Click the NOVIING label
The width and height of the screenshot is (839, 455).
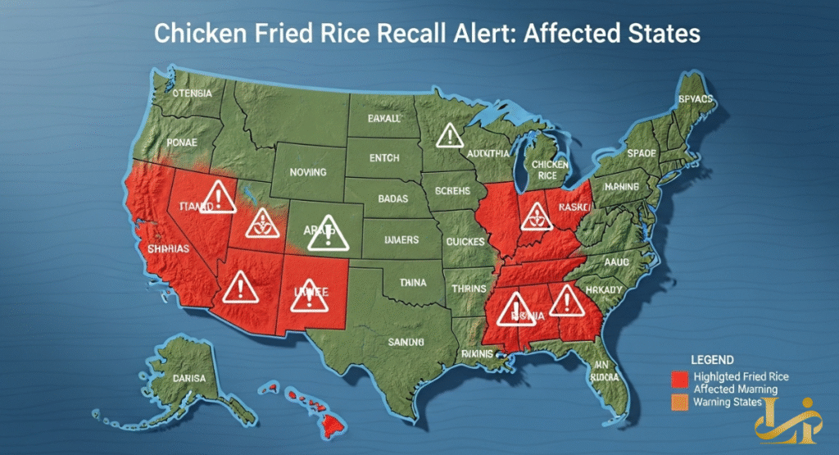point(308,172)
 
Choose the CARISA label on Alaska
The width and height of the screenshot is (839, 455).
point(191,380)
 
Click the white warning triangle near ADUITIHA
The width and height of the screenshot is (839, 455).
point(448,135)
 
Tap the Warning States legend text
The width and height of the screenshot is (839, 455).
point(728,402)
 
